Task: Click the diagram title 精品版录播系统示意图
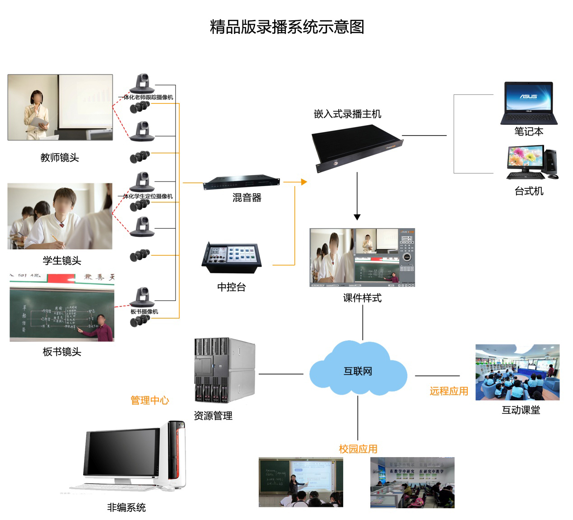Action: point(287,27)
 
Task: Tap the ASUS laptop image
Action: point(528,103)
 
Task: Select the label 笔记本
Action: point(528,131)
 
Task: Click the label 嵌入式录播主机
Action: point(347,114)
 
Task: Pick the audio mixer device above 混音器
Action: point(242,183)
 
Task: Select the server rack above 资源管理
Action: point(224,370)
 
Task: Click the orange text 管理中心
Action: point(149,400)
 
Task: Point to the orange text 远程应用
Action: point(448,391)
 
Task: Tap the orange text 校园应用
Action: point(358,449)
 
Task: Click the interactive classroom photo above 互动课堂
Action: point(517,372)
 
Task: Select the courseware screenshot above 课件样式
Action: point(362,258)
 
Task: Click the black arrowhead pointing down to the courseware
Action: point(357,217)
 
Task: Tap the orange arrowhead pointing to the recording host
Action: point(304,182)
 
